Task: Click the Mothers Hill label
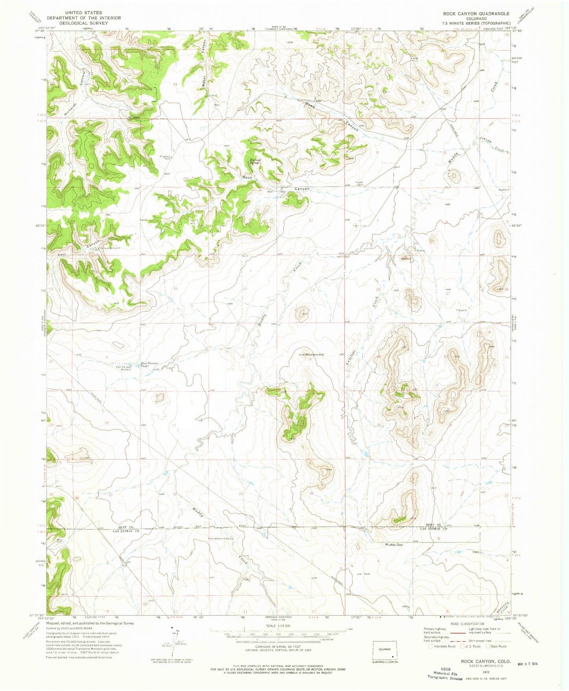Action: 315,355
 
